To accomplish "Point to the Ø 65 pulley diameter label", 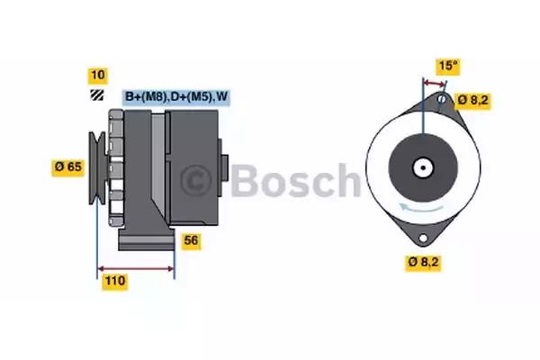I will [69, 166].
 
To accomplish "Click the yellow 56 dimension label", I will [191, 240].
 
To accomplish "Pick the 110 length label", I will [114, 282].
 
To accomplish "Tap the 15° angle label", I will [448, 65].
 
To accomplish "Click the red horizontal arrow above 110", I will [136, 268].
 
